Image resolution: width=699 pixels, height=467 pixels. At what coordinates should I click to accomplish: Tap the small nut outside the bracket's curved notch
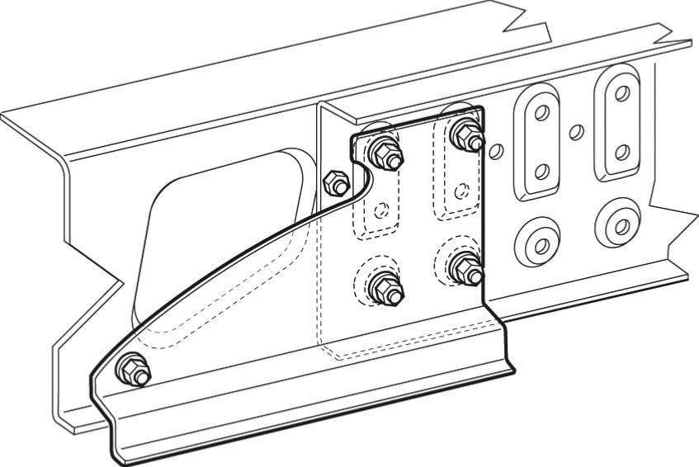pos(334,183)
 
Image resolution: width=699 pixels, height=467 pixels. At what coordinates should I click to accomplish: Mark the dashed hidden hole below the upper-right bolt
pos(466,191)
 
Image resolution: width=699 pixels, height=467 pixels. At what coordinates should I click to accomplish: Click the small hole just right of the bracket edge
pos(496,150)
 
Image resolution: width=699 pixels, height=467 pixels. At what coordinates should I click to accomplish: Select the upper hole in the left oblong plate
pos(541,114)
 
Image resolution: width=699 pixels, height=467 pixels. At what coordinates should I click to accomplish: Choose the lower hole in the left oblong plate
pos(542,171)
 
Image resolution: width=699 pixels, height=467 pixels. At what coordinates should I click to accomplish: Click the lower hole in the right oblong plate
pos(623,152)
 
